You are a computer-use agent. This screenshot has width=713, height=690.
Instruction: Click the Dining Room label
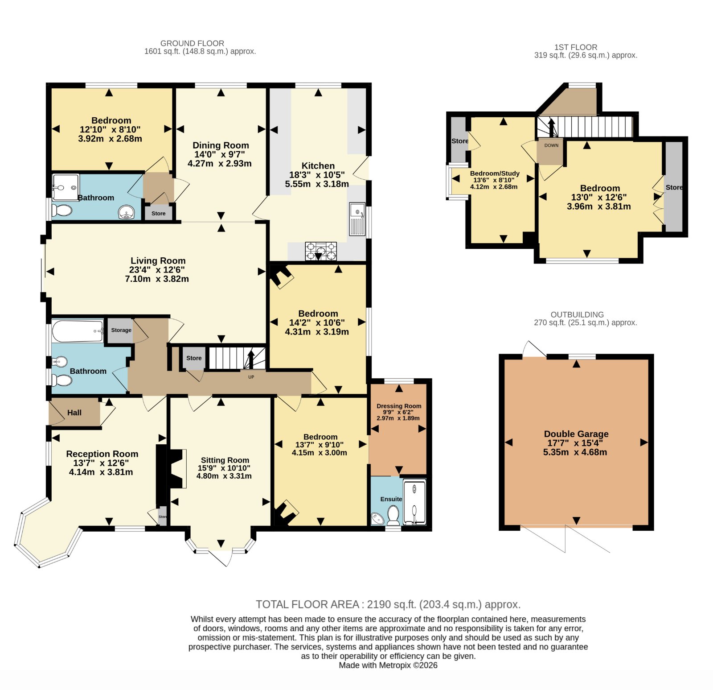click(221, 145)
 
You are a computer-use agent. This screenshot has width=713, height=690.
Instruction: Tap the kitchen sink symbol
click(357, 219)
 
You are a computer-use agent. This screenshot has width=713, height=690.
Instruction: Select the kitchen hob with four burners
click(321, 251)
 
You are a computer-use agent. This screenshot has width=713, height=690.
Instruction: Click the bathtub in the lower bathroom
click(78, 331)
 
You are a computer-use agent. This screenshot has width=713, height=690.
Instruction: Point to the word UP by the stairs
click(251, 377)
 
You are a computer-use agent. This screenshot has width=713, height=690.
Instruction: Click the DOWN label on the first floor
click(551, 145)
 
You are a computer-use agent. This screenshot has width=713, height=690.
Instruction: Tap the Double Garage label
click(576, 434)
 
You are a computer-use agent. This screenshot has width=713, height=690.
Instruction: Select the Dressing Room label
click(399, 406)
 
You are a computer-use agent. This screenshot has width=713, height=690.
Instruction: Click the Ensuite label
click(391, 499)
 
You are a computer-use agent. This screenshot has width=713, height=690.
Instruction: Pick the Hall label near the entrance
click(74, 413)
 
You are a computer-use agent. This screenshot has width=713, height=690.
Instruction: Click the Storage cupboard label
click(121, 330)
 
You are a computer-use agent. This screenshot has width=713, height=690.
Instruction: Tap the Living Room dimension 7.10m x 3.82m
click(157, 279)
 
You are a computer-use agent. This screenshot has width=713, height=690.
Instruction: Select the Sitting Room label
click(225, 460)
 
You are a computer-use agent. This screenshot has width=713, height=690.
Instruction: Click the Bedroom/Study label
click(495, 174)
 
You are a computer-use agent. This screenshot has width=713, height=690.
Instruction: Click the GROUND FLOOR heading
click(192, 43)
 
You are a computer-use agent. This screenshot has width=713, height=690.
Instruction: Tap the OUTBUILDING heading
click(577, 314)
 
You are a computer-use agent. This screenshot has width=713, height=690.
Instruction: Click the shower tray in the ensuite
click(414, 501)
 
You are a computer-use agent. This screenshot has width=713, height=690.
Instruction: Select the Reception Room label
click(102, 454)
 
